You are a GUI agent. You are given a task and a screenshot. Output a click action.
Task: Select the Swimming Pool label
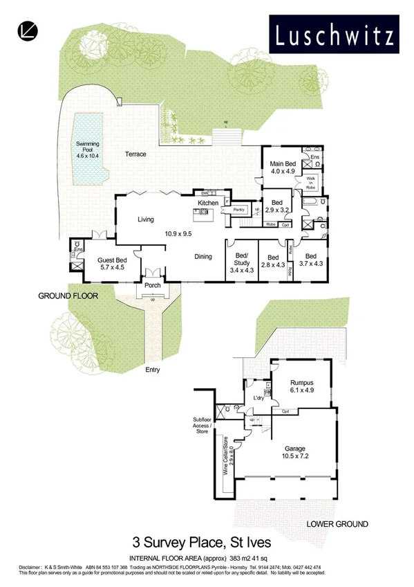click(88, 148)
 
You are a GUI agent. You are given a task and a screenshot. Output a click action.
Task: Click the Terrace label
click(135, 154)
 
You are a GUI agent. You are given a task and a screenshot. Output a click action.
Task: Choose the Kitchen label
click(208, 203)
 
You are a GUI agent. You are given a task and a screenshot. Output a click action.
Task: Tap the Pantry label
click(240, 209)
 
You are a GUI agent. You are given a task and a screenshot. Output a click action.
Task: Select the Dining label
click(203, 257)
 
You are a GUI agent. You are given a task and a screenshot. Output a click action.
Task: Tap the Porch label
click(152, 285)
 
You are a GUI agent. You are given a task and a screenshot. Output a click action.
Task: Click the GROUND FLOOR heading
click(68, 296)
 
